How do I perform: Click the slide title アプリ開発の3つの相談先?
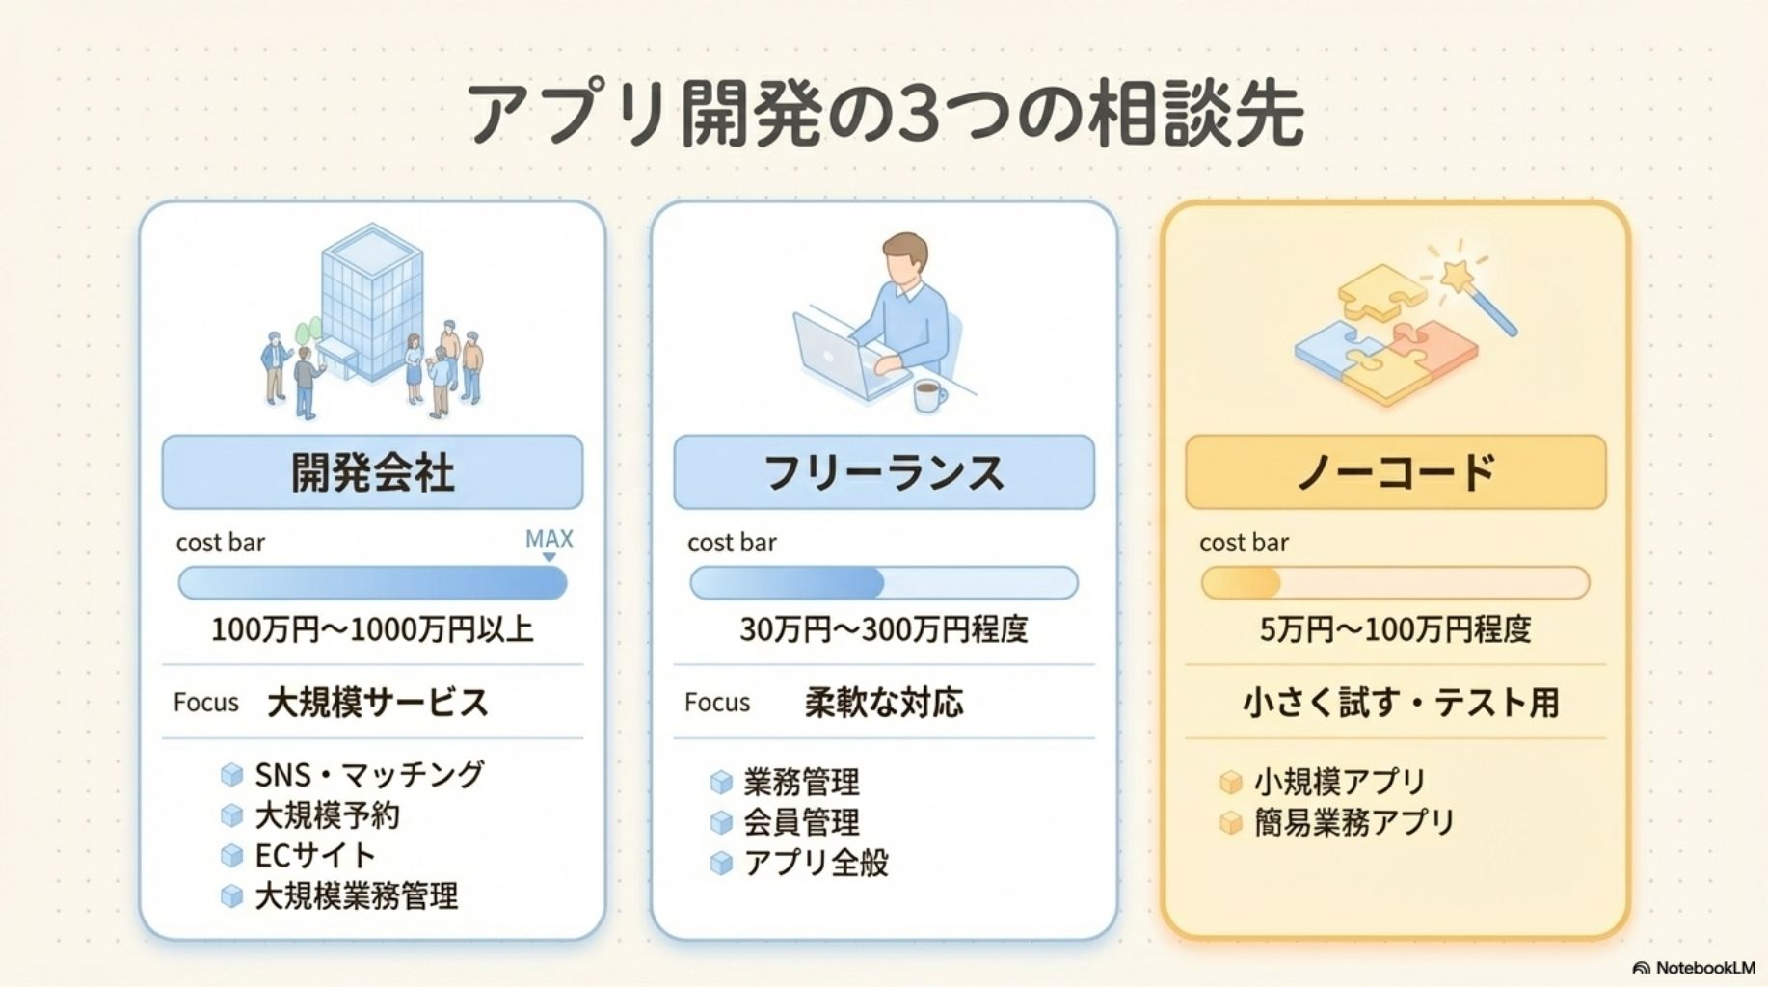click(x=884, y=114)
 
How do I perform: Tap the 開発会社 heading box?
click(x=372, y=472)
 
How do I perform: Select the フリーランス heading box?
click(x=884, y=472)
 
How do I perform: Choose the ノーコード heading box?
click(x=1396, y=472)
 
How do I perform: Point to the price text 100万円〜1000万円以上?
click(x=372, y=629)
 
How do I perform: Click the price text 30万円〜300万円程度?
click(x=884, y=629)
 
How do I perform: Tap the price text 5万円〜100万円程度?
click(x=1396, y=629)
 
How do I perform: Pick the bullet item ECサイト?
click(x=314, y=855)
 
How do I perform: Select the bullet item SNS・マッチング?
click(x=369, y=774)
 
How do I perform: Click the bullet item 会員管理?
click(x=801, y=822)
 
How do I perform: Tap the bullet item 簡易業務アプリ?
click(x=1353, y=822)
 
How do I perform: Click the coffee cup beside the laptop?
click(x=929, y=395)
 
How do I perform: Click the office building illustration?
click(x=371, y=295)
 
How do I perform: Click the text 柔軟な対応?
click(x=884, y=703)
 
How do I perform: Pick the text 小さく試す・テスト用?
click(x=1400, y=703)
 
